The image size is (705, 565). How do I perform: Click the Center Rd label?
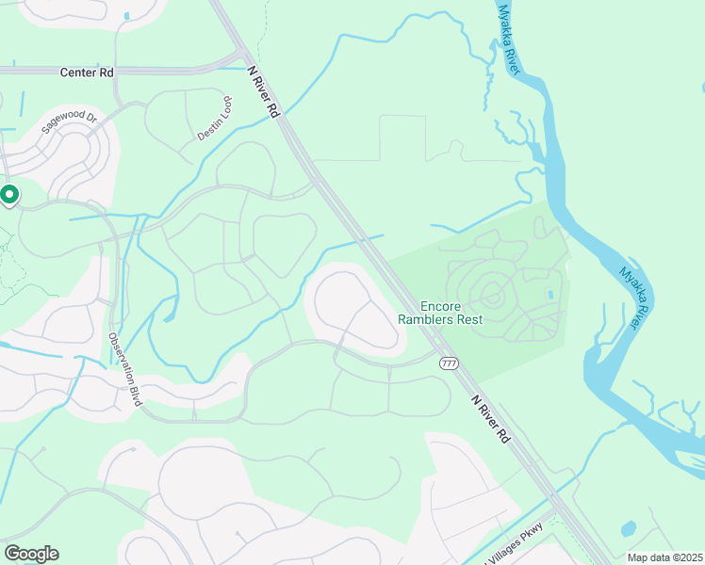86,72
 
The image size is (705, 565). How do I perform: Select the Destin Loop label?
214,123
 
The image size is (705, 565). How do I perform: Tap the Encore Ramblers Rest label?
452,313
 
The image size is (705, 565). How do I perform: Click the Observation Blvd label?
123,369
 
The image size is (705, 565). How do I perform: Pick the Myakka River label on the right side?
635,298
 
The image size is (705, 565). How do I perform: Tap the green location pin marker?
9,195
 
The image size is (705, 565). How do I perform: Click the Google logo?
31,553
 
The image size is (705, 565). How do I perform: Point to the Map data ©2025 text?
664,557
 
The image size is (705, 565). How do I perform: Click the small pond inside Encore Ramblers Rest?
550,295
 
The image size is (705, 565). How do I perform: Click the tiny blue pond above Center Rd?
126,16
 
